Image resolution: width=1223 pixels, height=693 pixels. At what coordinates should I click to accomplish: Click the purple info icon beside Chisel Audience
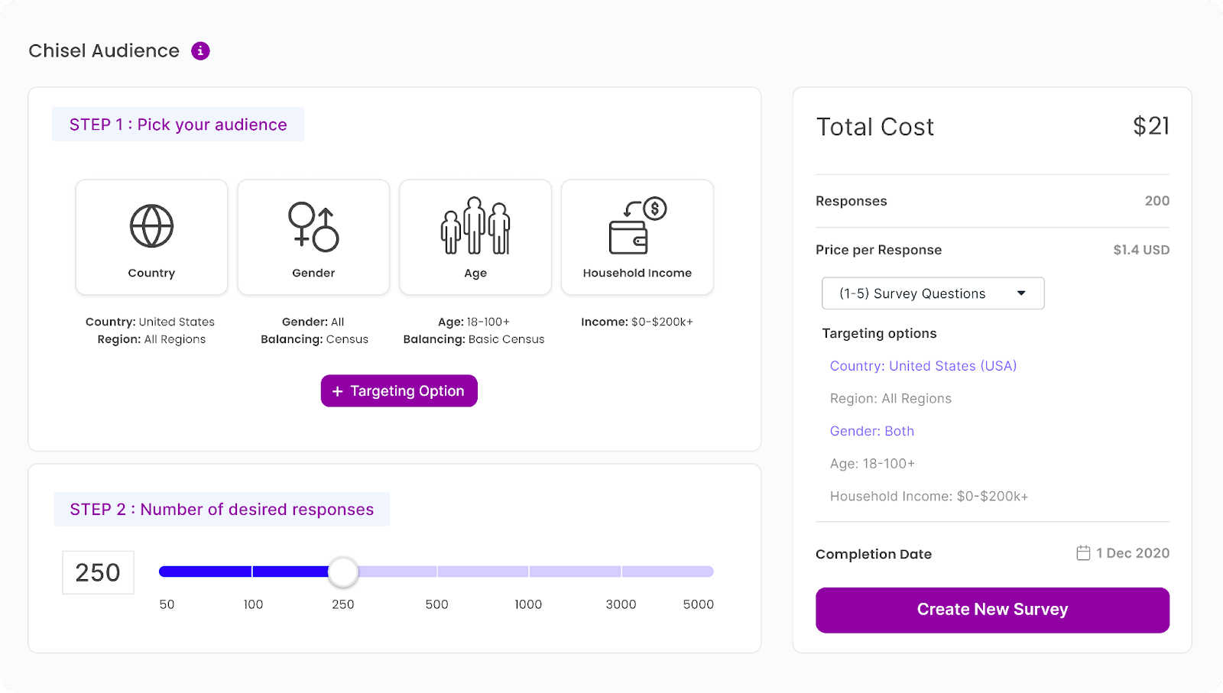coord(200,51)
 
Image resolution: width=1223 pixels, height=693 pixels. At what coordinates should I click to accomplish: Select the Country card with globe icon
coord(151,237)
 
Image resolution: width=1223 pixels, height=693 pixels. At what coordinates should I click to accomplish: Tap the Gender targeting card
coord(313,237)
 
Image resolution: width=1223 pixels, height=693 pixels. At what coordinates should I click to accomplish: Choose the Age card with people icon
coord(475,237)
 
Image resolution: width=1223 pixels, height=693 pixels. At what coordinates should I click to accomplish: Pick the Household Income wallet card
coord(637,237)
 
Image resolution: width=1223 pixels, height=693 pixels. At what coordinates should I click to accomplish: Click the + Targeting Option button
coord(399,391)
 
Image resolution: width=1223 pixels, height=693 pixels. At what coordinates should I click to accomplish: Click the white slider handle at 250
coord(343,572)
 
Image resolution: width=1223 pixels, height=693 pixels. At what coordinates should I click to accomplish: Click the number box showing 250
coord(98,572)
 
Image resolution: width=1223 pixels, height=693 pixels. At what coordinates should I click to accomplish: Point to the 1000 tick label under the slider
coord(528,604)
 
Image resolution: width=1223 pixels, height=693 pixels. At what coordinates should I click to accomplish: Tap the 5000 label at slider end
coord(698,604)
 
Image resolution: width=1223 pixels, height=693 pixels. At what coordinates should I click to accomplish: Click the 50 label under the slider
coord(167,604)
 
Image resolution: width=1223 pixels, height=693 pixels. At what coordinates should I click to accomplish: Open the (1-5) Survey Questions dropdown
coord(933,293)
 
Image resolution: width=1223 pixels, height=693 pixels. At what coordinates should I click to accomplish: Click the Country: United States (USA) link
coord(923,366)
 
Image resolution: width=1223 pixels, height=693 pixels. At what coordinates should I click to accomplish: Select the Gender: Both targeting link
coord(872,431)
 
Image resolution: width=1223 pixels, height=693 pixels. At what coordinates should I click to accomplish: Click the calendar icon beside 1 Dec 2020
coord(1083,553)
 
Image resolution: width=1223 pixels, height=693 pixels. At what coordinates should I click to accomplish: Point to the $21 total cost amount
coord(1151,126)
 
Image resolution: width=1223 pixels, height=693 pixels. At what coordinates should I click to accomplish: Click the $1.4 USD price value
coord(1141,250)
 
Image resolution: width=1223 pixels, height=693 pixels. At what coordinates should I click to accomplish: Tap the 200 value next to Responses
coord(1156,201)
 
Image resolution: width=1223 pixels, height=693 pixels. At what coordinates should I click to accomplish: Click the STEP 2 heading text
coord(222,510)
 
